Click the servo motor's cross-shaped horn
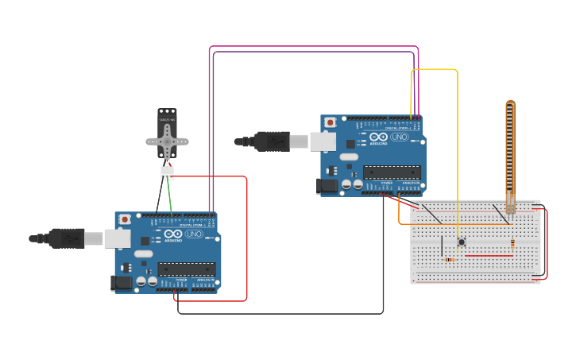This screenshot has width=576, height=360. tap(167, 141)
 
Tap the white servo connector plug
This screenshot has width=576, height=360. tap(167, 172)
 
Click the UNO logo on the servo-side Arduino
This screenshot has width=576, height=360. tap(194, 234)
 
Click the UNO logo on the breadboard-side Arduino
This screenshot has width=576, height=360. tap(399, 137)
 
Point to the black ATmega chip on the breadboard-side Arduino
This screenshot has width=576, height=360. tap(392, 172)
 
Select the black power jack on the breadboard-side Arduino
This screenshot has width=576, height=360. tap(327, 186)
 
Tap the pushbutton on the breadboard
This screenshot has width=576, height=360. tap(460, 242)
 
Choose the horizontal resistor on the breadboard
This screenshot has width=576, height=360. tap(450, 259)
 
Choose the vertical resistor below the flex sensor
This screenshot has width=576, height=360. tap(512, 243)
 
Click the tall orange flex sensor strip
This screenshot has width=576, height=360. tap(510, 151)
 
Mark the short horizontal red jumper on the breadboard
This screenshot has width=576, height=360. tap(488, 256)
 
